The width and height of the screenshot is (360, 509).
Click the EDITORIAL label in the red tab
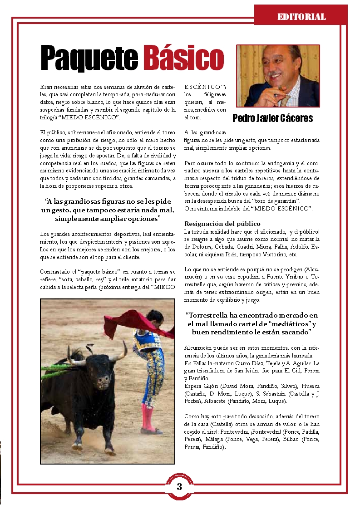click(x=301, y=17)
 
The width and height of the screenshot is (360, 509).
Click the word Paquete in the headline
click(x=89, y=58)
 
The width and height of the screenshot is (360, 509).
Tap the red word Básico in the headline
click(x=183, y=58)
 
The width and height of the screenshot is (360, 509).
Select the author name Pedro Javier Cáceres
click(x=272, y=118)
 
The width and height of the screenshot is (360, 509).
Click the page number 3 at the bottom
click(x=179, y=487)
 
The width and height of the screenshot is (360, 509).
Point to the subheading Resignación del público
click(x=222, y=224)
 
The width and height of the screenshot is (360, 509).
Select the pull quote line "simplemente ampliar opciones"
click(x=108, y=219)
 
